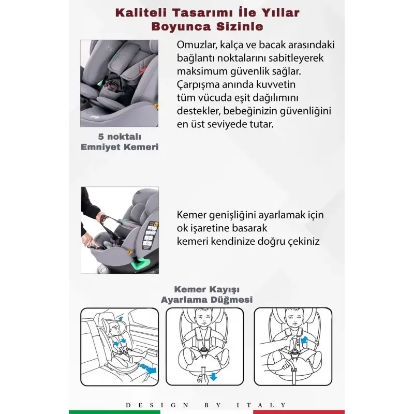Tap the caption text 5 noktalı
(120, 137)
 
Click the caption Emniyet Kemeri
(120, 147)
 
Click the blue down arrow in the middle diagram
(213, 376)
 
